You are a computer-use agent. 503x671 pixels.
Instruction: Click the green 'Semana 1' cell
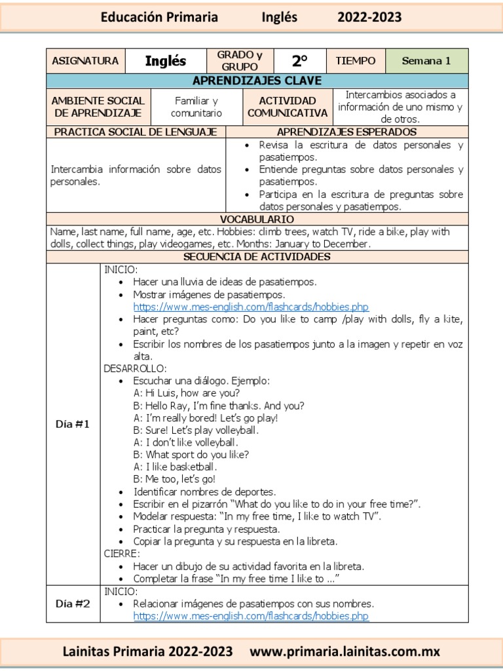pyautogui.click(x=426, y=61)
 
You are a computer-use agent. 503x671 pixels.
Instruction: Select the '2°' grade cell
pyautogui.click(x=299, y=61)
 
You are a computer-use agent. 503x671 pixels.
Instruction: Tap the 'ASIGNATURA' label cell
pyautogui.click(x=85, y=61)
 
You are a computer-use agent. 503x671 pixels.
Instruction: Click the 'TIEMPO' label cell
pyautogui.click(x=356, y=61)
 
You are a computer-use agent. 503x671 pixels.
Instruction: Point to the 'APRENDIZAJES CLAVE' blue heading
pyautogui.click(x=257, y=81)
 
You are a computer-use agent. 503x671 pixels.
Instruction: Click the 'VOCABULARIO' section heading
pyautogui.click(x=257, y=219)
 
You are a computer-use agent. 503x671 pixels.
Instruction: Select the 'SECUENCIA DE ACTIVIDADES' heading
pyautogui.click(x=257, y=256)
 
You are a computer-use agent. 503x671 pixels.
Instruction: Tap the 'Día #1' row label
pyautogui.click(x=73, y=424)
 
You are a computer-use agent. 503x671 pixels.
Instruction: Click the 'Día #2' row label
pyautogui.click(x=73, y=604)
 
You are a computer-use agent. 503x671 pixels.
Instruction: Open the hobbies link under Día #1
pyautogui.click(x=251, y=307)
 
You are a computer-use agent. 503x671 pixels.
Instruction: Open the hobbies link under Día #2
pyautogui.click(x=251, y=616)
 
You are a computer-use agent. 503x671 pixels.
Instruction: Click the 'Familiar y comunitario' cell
pyautogui.click(x=196, y=107)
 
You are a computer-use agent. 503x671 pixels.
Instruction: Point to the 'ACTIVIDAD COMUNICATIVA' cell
pyautogui.click(x=288, y=107)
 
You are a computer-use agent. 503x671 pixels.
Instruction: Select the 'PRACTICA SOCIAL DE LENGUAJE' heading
pyautogui.click(x=136, y=132)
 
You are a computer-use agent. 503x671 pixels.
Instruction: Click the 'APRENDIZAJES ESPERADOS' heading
pyautogui.click(x=346, y=132)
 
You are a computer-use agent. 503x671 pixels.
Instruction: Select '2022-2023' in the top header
pyautogui.click(x=369, y=17)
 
